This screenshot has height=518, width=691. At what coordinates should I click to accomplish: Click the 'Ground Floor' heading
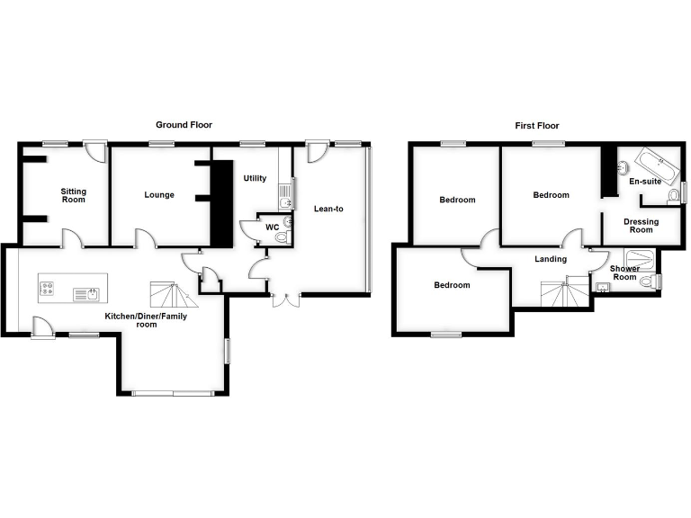[184, 125]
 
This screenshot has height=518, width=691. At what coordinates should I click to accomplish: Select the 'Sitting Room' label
[74, 195]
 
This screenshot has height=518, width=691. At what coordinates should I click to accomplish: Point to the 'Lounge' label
[159, 195]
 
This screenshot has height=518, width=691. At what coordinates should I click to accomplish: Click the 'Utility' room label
[255, 178]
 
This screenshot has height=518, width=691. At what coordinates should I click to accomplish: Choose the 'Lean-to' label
[328, 209]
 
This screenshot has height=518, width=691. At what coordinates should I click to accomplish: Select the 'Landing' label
[551, 259]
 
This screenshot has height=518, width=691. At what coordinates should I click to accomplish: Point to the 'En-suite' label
[644, 182]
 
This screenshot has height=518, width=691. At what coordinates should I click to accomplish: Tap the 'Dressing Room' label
[641, 225]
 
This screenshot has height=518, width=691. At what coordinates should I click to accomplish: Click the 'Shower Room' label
[624, 273]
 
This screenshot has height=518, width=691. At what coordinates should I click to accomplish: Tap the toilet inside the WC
[282, 237]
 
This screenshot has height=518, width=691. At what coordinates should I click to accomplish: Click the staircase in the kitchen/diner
[173, 295]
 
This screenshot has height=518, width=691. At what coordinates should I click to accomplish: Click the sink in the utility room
[285, 192]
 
